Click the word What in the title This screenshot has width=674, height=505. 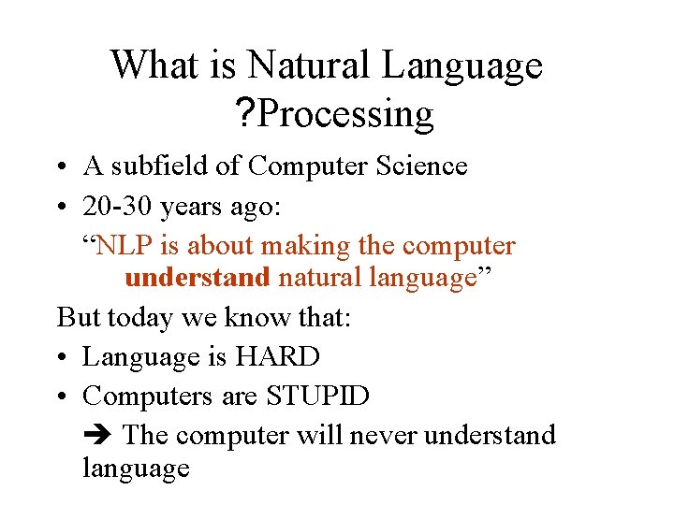[x=145, y=65]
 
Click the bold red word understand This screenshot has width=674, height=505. [x=197, y=279]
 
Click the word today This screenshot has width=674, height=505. [x=139, y=318]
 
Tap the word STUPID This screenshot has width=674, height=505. [x=317, y=396]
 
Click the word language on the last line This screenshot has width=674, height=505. [x=136, y=468]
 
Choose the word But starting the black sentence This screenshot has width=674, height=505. [x=79, y=318]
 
